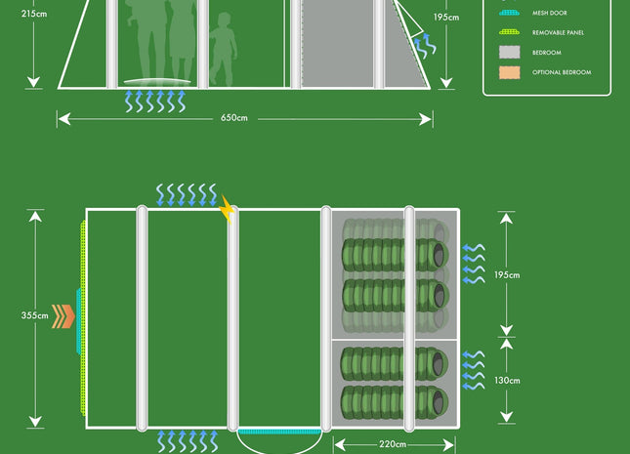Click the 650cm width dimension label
234,118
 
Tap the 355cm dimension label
35,315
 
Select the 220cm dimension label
395,444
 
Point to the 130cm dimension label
507,381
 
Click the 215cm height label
33,15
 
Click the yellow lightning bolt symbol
228,208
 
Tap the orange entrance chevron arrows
63,316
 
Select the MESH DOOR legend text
550,14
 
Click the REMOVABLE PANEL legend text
558,33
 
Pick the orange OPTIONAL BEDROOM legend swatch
510,72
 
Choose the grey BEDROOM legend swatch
510,52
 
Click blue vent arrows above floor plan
187,194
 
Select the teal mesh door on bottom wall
279,431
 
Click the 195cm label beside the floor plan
507,275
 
